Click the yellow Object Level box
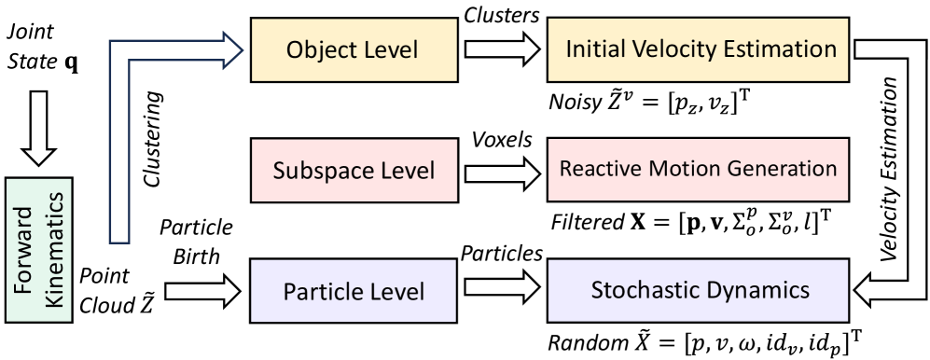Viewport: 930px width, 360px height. pyautogui.click(x=354, y=50)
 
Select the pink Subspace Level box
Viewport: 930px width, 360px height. pyautogui.click(x=354, y=171)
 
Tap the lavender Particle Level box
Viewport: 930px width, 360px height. pyautogui.click(x=354, y=291)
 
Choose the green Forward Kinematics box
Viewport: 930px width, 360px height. pyautogui.click(x=40, y=251)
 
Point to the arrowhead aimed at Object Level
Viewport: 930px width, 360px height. pyautogui.click(x=231, y=50)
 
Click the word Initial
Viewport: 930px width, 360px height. pyautogui.click(x=595, y=48)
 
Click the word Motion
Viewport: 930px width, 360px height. pyautogui.click(x=673, y=169)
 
